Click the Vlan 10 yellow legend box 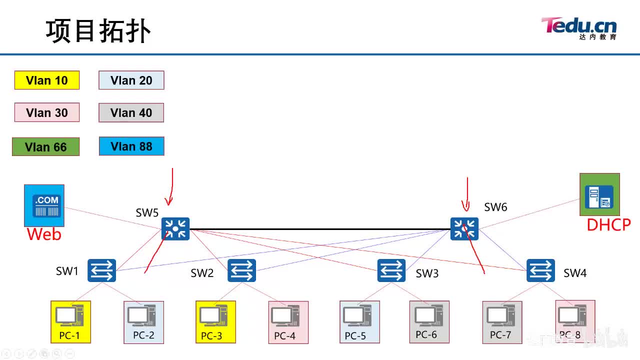[x=47, y=80]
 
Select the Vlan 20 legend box [x=131, y=80]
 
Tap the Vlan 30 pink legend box [x=47, y=112]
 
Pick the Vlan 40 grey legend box [x=131, y=113]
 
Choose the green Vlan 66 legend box [x=46, y=147]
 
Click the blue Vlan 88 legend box [x=131, y=146]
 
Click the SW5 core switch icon [x=175, y=229]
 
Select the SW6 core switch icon [x=464, y=229]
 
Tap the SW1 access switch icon [x=102, y=270]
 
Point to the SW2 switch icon [x=242, y=270]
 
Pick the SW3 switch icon [x=391, y=270]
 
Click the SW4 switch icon [x=540, y=270]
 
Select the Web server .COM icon [x=44, y=205]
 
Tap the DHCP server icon [x=599, y=194]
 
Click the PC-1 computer [x=70, y=321]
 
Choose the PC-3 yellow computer [x=215, y=321]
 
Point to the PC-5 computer [x=359, y=321]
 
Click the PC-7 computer [x=502, y=321]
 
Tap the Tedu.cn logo [x=578, y=27]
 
